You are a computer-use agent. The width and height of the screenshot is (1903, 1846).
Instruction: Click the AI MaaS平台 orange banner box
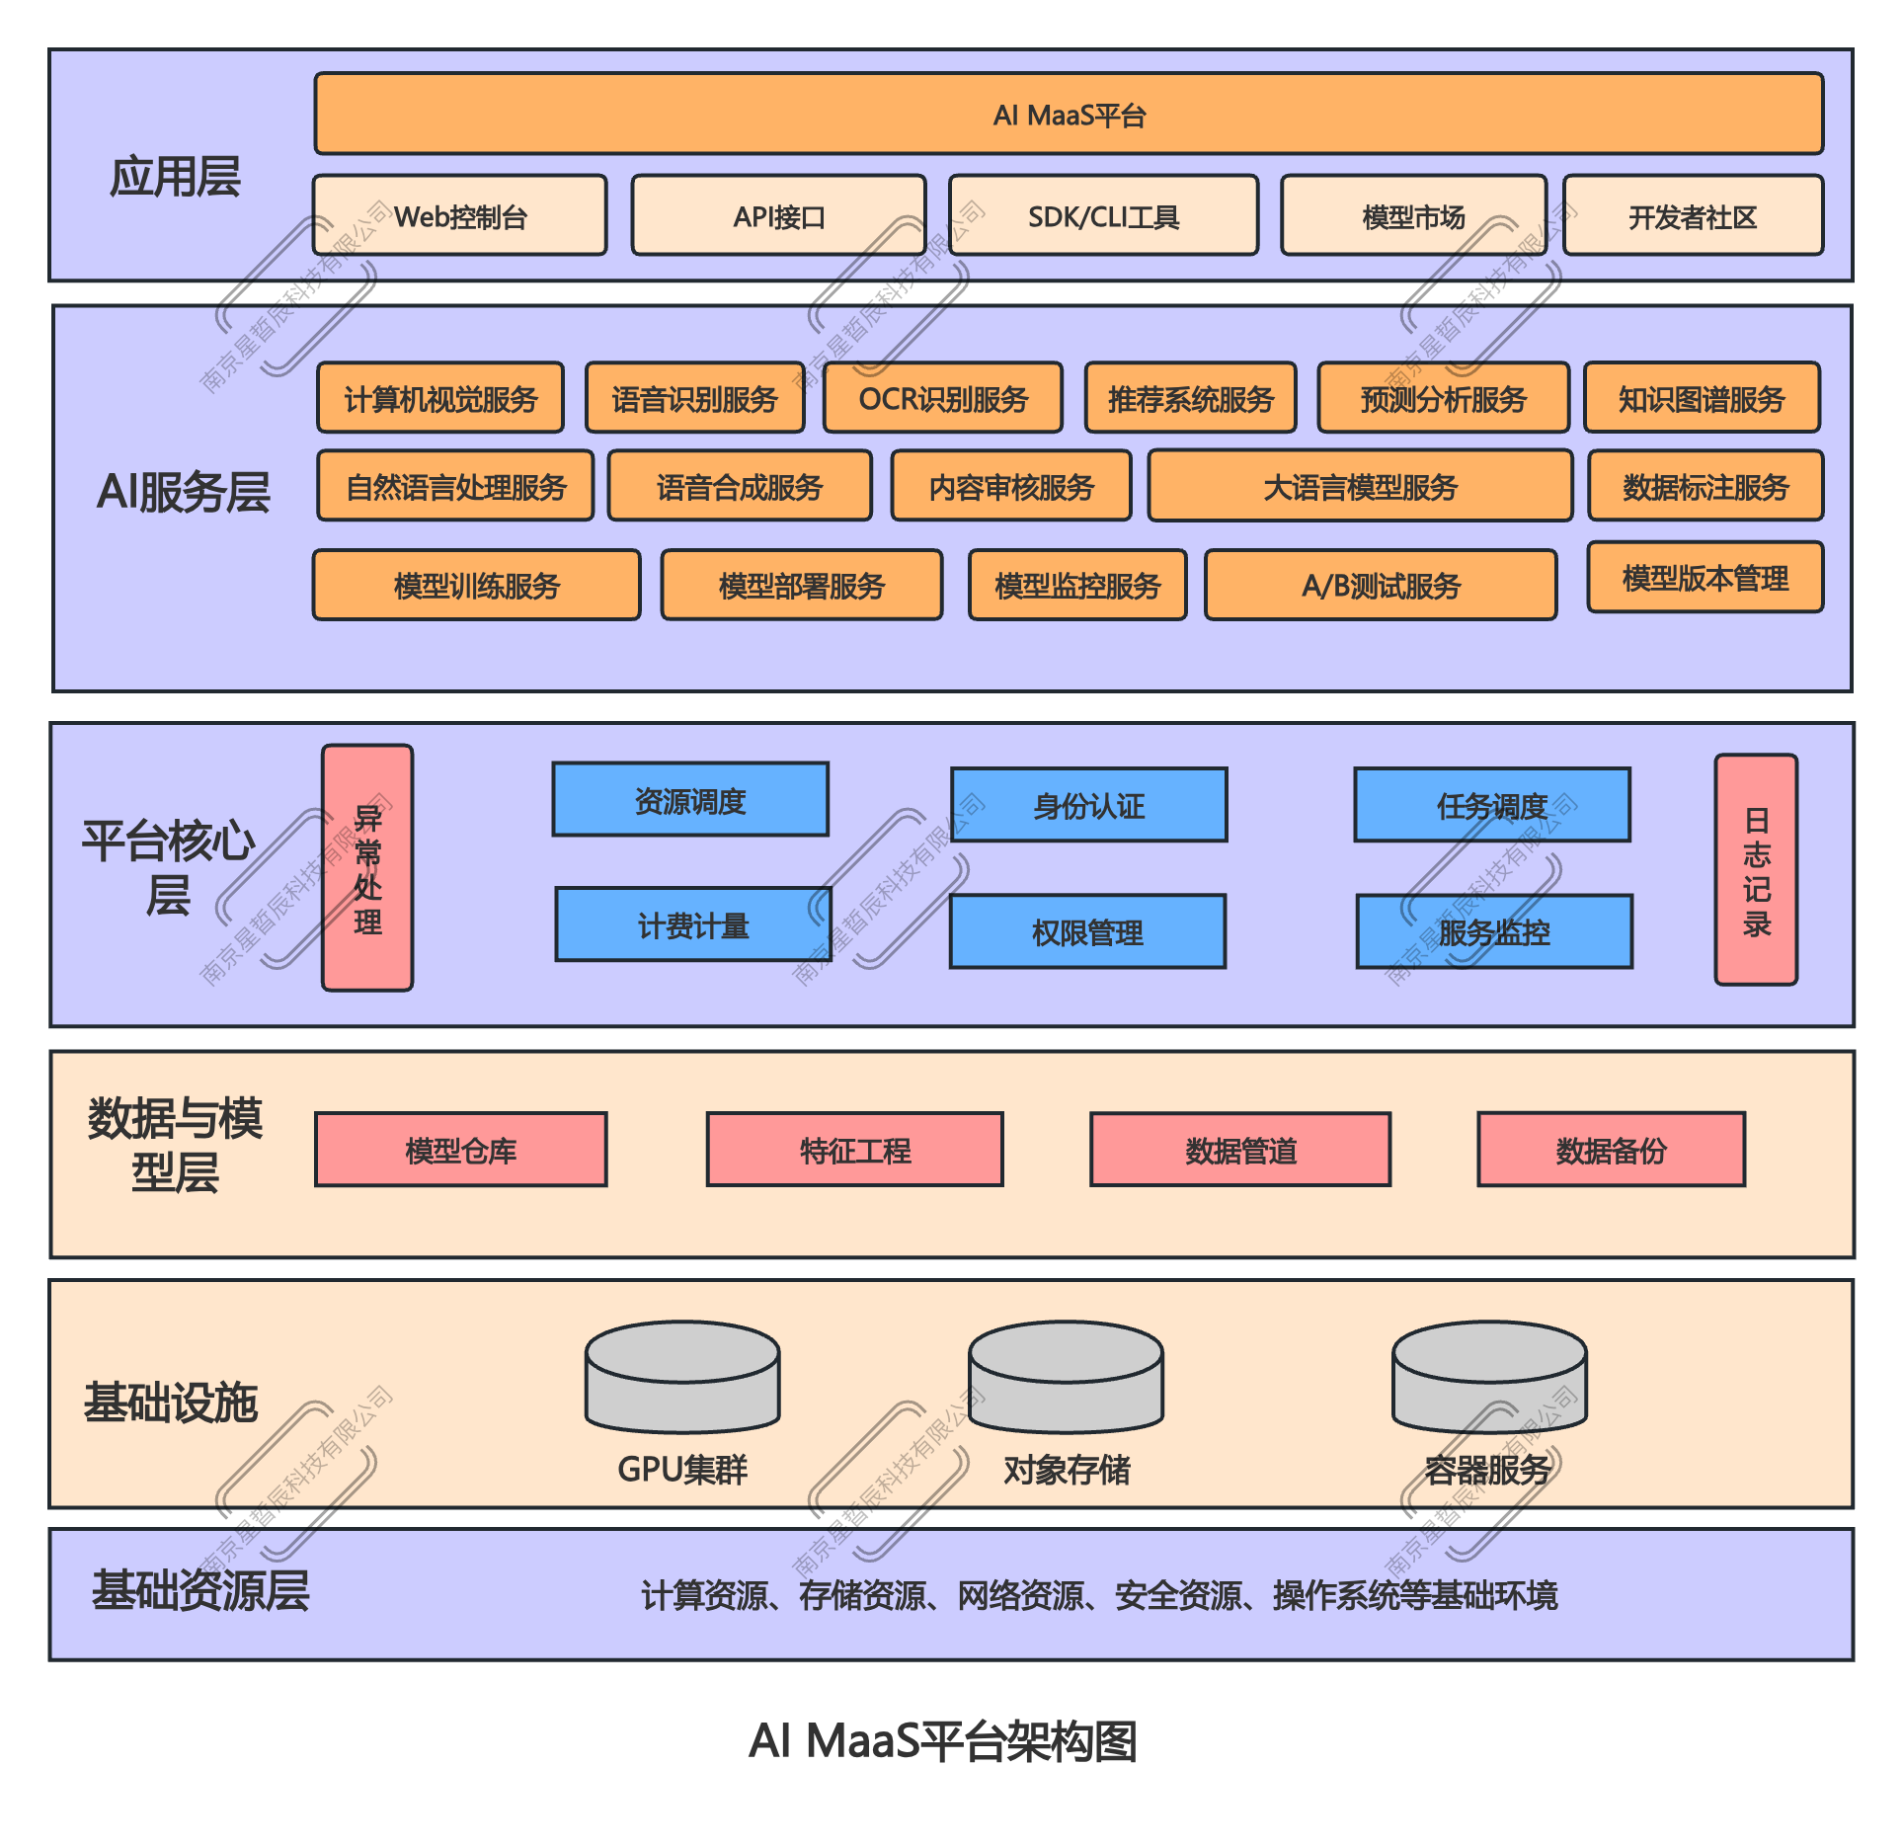[x=1069, y=114]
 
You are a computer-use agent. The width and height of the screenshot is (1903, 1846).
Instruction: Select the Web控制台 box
[x=460, y=215]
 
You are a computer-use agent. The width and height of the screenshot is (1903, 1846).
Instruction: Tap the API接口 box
[x=778, y=215]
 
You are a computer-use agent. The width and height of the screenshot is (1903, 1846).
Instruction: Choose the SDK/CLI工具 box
[x=1103, y=215]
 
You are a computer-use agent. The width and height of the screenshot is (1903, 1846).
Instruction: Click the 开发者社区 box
[x=1693, y=215]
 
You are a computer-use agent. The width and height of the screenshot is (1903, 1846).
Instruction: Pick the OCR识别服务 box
[x=943, y=398]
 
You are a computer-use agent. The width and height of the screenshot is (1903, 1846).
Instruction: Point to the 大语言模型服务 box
[x=1360, y=486]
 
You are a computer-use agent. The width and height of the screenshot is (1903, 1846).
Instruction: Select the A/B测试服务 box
[x=1381, y=585]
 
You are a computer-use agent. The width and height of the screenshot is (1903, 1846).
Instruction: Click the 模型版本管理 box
[x=1705, y=578]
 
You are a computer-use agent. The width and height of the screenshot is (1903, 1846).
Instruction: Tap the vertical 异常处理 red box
[x=367, y=868]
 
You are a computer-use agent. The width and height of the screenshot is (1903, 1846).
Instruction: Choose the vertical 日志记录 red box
[x=1756, y=870]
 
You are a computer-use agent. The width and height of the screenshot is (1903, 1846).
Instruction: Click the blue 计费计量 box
[x=693, y=924]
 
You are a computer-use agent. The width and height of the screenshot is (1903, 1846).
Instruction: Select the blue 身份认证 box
[x=1089, y=805]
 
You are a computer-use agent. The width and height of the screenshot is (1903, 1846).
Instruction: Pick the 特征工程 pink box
[x=855, y=1150]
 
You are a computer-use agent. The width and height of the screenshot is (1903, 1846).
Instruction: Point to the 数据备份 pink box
[x=1611, y=1150]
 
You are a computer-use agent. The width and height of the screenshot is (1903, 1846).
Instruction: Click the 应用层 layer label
[x=175, y=177]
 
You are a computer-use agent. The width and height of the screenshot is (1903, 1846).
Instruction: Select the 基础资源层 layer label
[x=200, y=1590]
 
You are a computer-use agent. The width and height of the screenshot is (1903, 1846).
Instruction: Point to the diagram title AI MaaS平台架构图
[x=942, y=1740]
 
